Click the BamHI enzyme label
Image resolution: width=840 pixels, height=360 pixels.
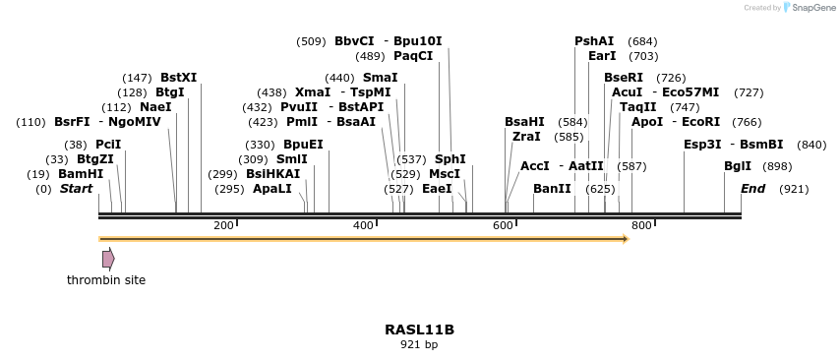pyautogui.click(x=80, y=174)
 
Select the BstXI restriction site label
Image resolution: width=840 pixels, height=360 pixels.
pyautogui.click(x=178, y=78)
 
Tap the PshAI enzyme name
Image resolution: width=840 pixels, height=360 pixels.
pyautogui.click(x=594, y=41)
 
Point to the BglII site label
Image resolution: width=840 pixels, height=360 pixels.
pyautogui.click(x=738, y=166)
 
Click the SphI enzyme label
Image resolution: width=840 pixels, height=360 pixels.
pyautogui.click(x=450, y=159)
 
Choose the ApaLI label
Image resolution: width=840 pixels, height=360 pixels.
pyautogui.click(x=272, y=189)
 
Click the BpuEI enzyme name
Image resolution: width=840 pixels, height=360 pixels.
pyautogui.click(x=303, y=145)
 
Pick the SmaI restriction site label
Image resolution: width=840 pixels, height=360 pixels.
pyautogui.click(x=381, y=78)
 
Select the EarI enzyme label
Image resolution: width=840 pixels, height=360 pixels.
pyautogui.click(x=602, y=56)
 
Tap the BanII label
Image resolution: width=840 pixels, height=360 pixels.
pyautogui.click(x=552, y=189)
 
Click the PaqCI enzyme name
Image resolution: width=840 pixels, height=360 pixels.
pyautogui.click(x=413, y=56)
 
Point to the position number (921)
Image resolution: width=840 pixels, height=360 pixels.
pyautogui.click(x=794, y=189)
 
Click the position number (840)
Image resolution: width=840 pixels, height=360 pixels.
pyautogui.click(x=811, y=145)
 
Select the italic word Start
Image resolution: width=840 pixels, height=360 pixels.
pyautogui.click(x=76, y=189)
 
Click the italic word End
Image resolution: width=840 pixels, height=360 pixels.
pyautogui.click(x=752, y=189)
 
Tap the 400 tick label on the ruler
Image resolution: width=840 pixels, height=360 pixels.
pyautogui.click(x=363, y=226)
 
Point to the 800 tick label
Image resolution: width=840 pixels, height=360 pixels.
pyautogui.click(x=641, y=226)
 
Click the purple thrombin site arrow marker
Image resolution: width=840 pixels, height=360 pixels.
pyautogui.click(x=108, y=259)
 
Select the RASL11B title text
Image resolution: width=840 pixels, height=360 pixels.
pyautogui.click(x=419, y=330)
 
